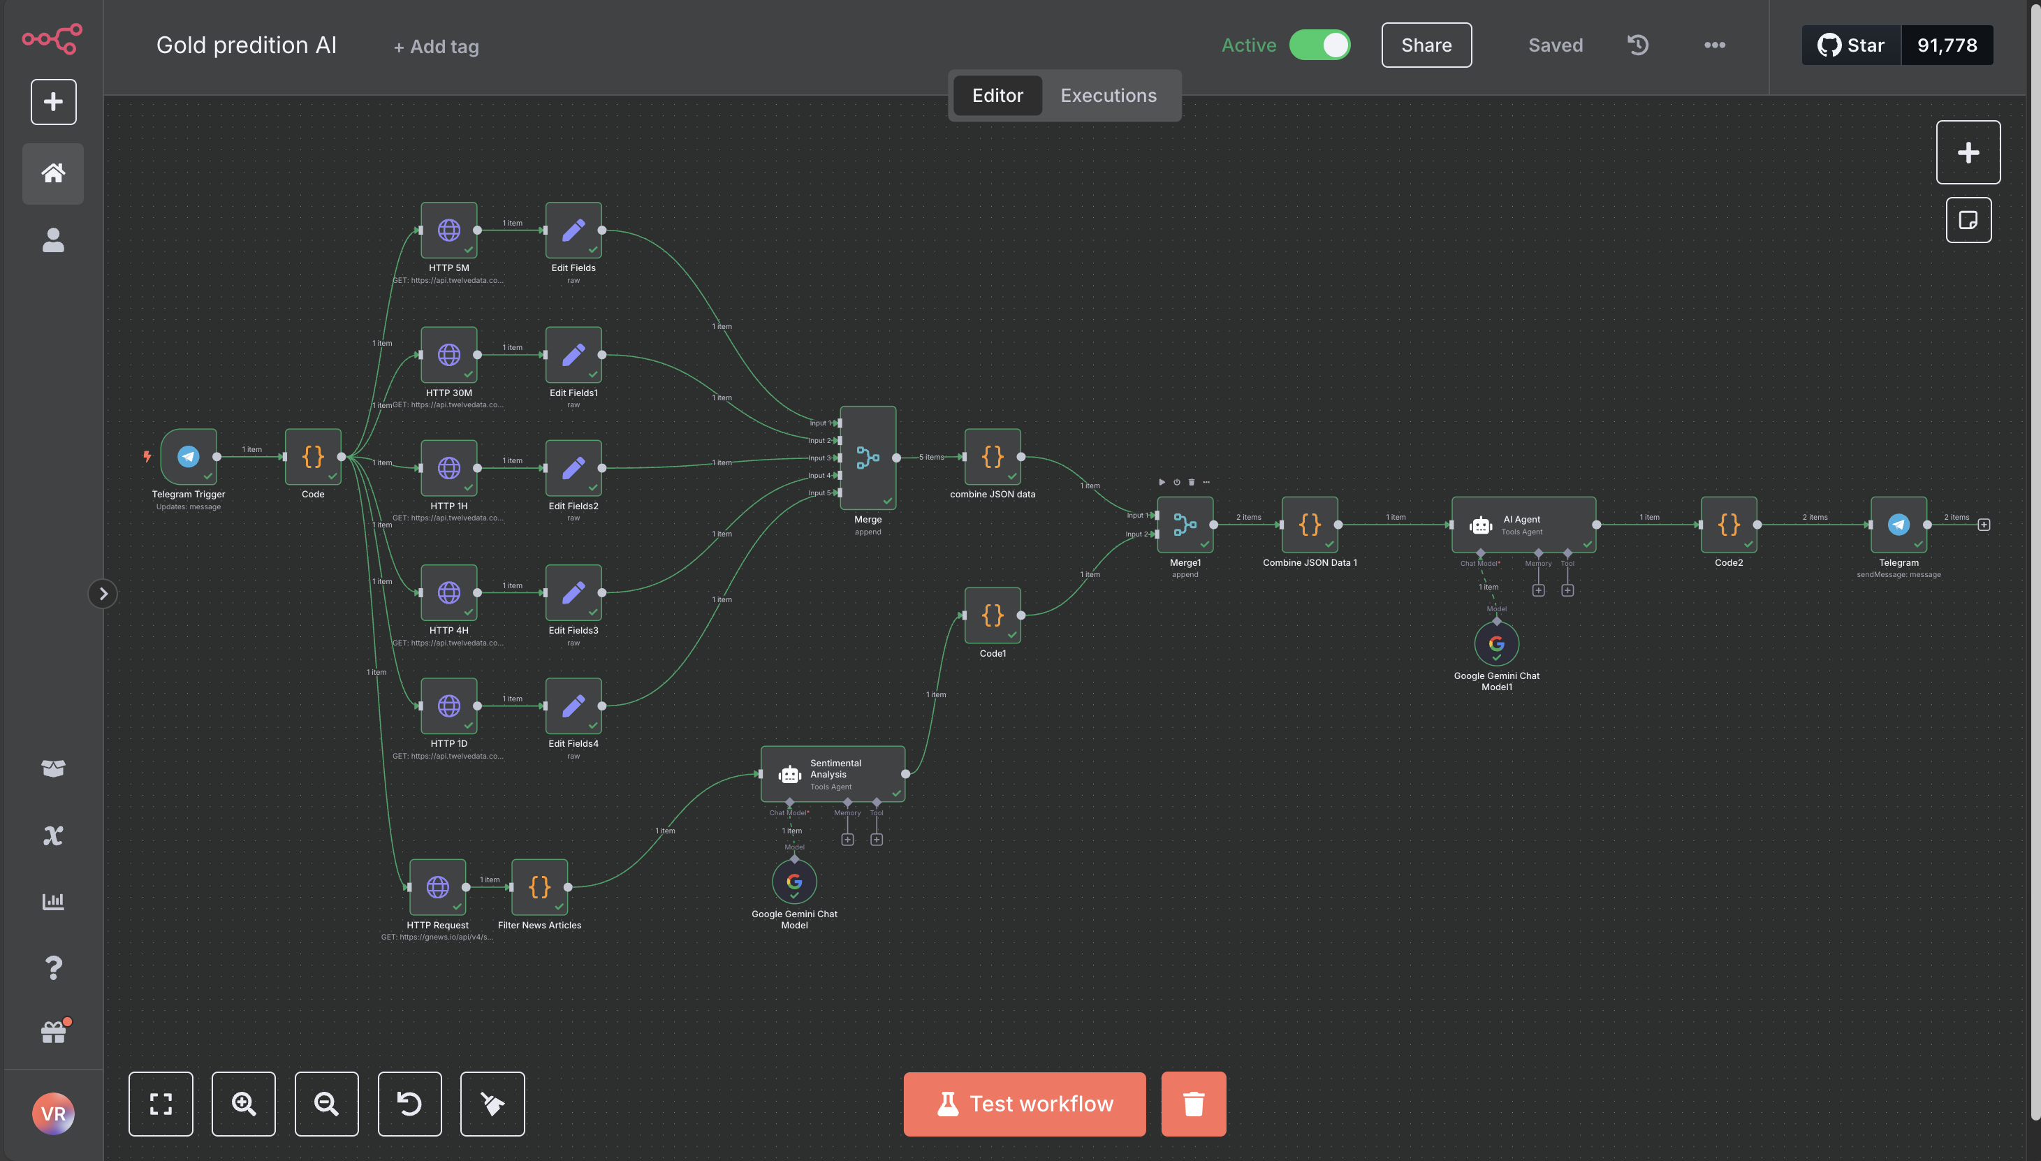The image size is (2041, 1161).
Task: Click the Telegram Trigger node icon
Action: (188, 456)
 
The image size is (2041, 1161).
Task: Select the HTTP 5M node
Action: (449, 231)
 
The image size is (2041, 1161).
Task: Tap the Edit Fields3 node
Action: (573, 592)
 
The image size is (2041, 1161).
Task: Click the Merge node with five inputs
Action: (868, 458)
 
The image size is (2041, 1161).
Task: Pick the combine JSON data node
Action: (993, 457)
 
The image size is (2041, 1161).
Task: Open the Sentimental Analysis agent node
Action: (833, 774)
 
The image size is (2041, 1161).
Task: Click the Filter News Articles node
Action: (540, 886)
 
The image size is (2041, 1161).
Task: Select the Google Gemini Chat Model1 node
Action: (1496, 643)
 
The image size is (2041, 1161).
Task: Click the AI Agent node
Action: (1523, 525)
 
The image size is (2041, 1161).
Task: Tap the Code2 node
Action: (1729, 525)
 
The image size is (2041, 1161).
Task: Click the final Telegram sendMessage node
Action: (1899, 525)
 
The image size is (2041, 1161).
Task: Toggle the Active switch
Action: (1319, 45)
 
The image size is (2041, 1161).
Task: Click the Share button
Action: (1426, 45)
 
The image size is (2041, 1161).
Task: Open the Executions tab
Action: (1109, 96)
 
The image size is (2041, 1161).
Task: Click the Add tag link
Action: (436, 46)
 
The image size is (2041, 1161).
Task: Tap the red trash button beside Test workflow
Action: (1194, 1104)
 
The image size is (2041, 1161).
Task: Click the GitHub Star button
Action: (1851, 45)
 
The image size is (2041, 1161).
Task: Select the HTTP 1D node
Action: (449, 706)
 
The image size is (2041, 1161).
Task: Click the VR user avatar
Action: (53, 1113)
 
